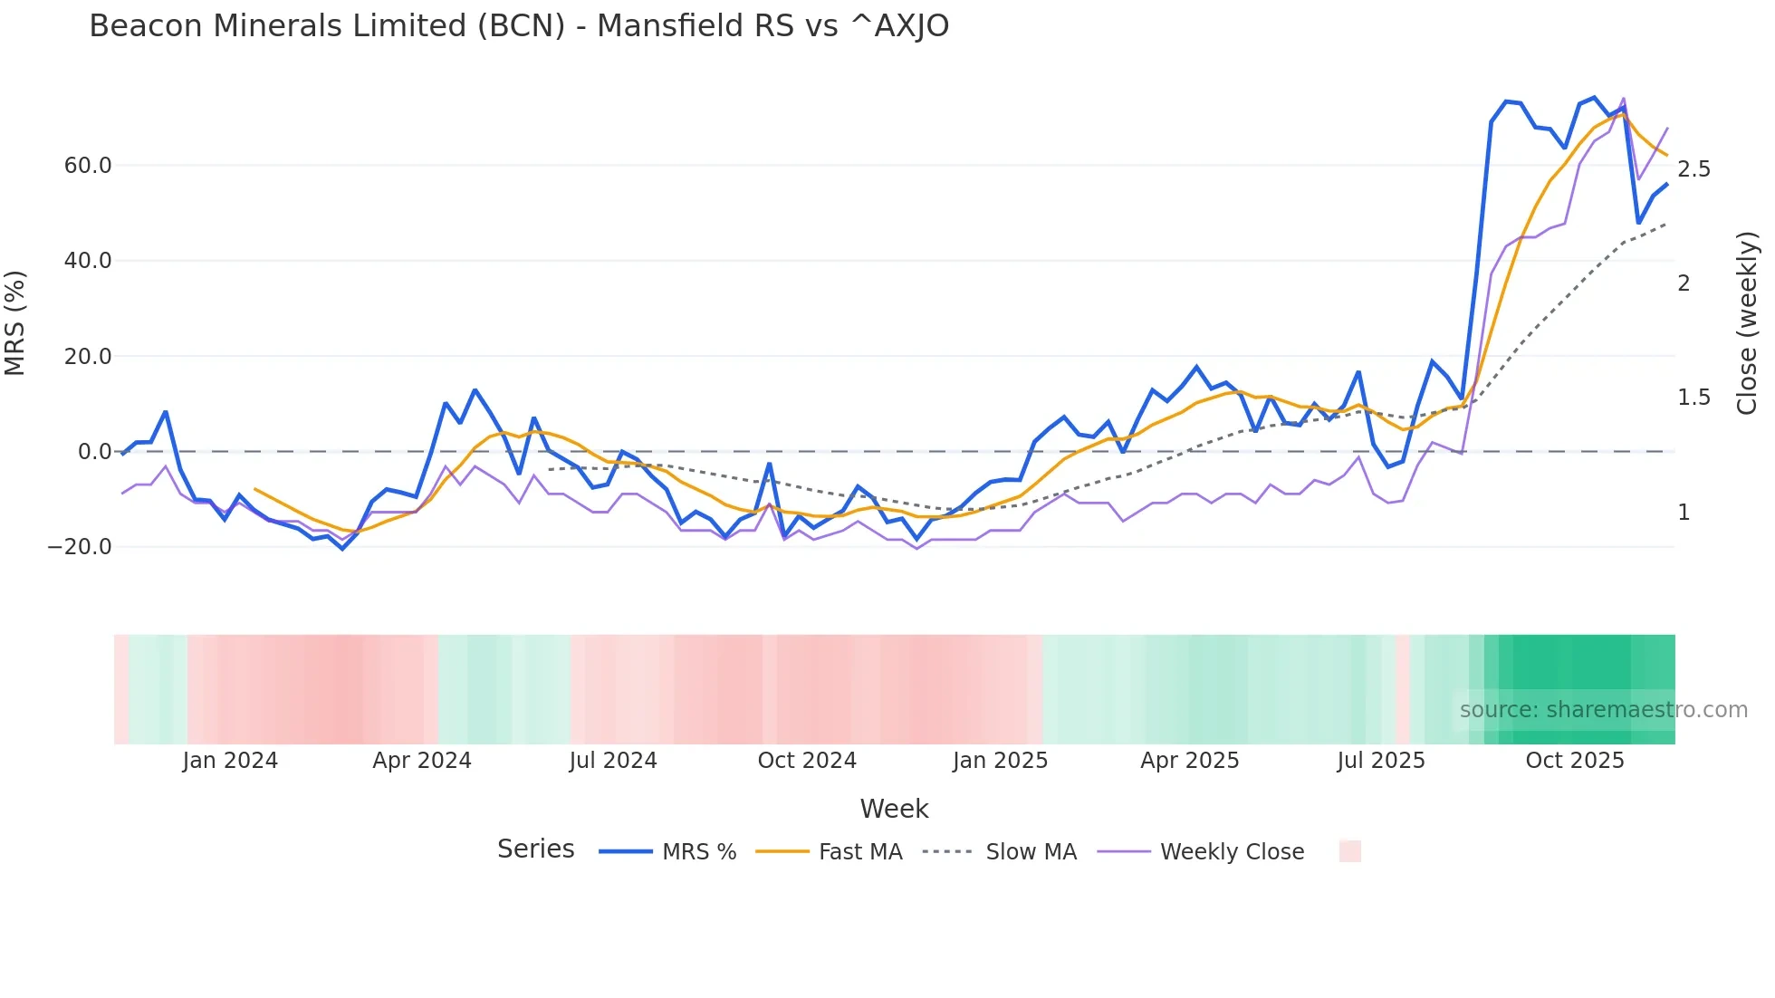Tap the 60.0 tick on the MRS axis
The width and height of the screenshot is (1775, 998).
pyautogui.click(x=88, y=166)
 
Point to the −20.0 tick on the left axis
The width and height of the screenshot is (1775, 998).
pyautogui.click(x=80, y=547)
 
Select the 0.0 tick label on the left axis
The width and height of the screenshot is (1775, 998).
pyautogui.click(x=94, y=452)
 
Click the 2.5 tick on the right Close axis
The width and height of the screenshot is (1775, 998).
pyautogui.click(x=1693, y=169)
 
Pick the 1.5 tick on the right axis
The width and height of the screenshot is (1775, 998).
pyautogui.click(x=1693, y=398)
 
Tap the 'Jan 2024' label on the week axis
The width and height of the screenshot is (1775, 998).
pyautogui.click(x=230, y=761)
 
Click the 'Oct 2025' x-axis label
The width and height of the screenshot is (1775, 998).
pyautogui.click(x=1575, y=761)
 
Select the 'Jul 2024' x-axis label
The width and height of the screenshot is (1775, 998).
pyautogui.click(x=613, y=761)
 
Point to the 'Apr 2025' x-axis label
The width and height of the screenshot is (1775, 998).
pyautogui.click(x=1189, y=761)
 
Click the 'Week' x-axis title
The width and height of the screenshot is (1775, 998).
pyautogui.click(x=894, y=809)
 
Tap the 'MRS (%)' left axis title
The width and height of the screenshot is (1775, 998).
pyautogui.click(x=15, y=323)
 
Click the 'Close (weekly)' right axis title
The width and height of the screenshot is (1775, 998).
pyautogui.click(x=1747, y=323)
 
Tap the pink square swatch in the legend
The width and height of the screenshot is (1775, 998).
pyautogui.click(x=1349, y=851)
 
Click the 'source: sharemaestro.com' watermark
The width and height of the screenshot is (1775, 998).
pyautogui.click(x=1603, y=710)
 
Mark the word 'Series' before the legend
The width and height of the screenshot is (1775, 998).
pyautogui.click(x=535, y=849)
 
